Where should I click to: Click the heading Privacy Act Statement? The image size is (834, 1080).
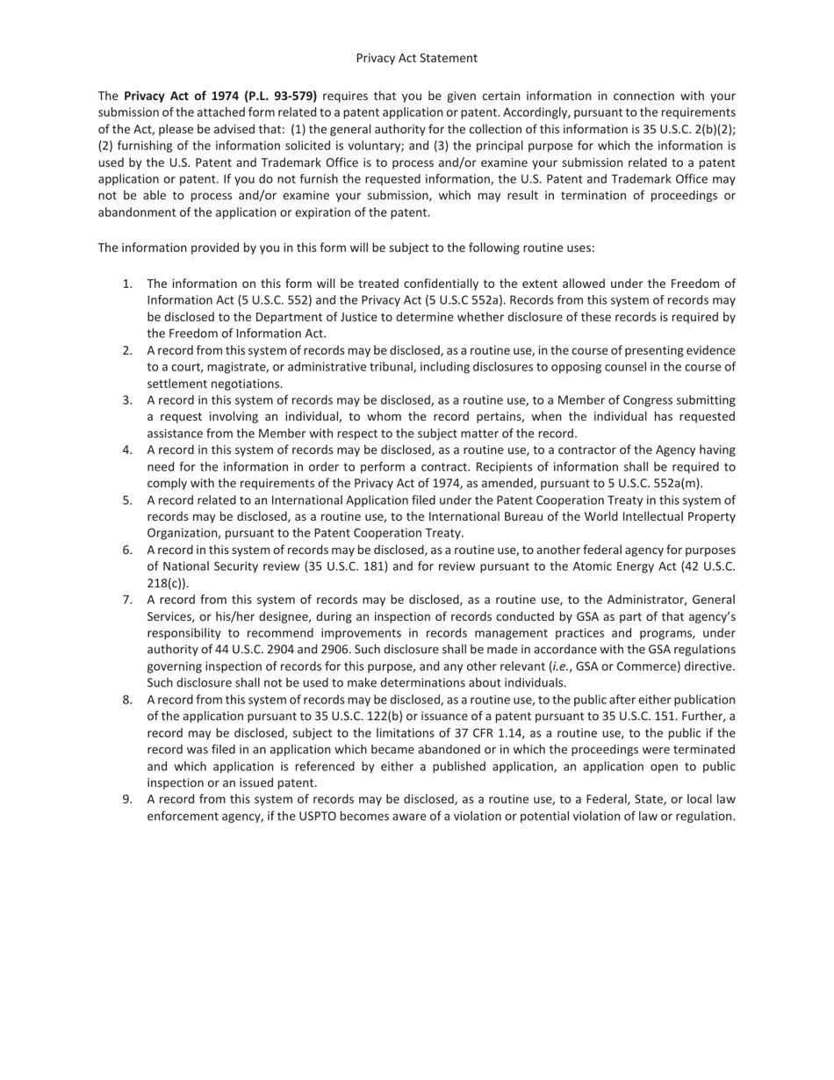[416, 58]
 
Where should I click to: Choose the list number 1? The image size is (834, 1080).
[127, 284]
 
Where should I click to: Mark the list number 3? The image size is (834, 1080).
[127, 400]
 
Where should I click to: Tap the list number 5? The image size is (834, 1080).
[127, 500]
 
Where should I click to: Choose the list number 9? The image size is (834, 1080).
[127, 799]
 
